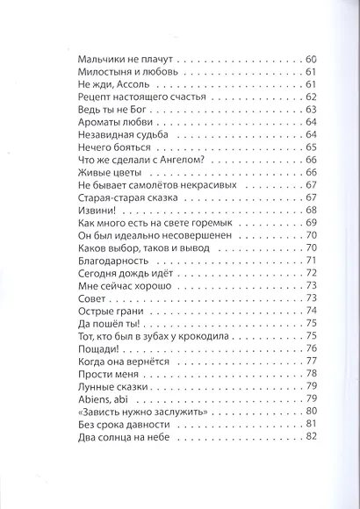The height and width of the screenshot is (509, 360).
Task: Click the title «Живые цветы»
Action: click(98, 172)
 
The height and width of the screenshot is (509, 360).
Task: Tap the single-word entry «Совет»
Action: click(81, 299)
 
